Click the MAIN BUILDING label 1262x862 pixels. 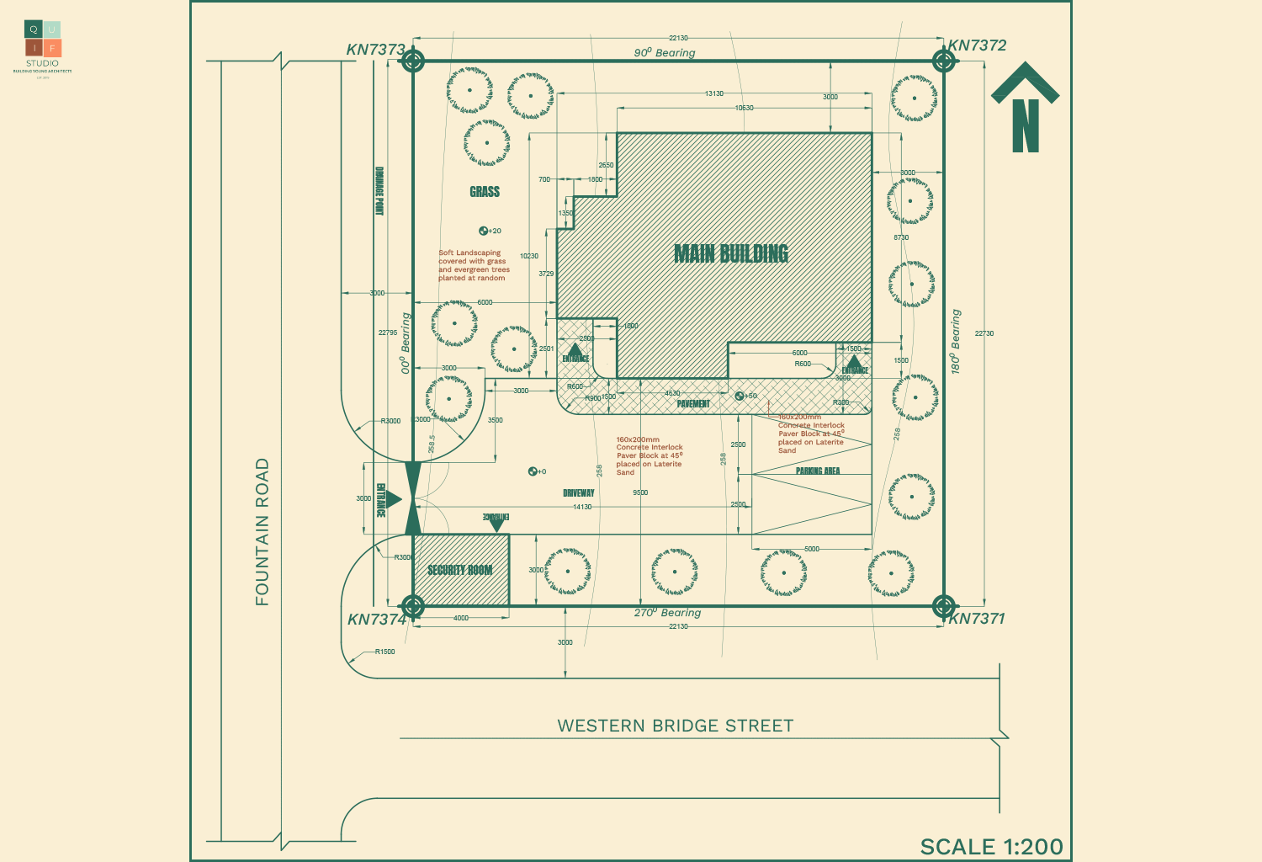(731, 253)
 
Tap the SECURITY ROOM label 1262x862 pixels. (459, 570)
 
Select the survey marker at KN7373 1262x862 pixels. (412, 61)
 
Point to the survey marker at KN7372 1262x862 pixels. (943, 61)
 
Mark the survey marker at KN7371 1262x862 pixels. (943, 605)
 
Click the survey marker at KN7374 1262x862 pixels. (412, 605)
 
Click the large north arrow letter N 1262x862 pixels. (1025, 126)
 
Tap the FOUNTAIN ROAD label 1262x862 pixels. (262, 531)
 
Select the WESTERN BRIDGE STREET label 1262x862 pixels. (675, 726)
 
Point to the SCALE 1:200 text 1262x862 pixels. (991, 846)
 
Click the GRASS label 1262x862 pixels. (485, 192)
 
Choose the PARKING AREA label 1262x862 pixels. (818, 471)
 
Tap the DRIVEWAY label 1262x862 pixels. (579, 492)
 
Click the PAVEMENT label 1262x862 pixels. (693, 404)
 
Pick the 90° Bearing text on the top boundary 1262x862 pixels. (665, 52)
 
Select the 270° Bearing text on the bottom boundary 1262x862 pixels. (667, 613)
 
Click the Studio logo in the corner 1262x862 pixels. (43, 45)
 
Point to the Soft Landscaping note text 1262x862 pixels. (474, 265)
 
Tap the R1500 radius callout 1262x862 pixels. (384, 652)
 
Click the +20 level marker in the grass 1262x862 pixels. (490, 231)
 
